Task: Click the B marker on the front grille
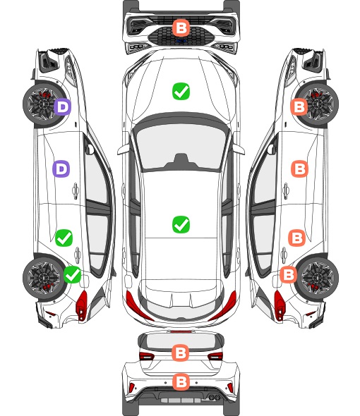click(x=181, y=28)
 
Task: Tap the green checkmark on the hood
click(x=181, y=91)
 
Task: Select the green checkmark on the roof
click(x=181, y=224)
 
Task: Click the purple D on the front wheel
click(x=62, y=107)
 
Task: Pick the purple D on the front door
click(x=61, y=169)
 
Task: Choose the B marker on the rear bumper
click(x=181, y=382)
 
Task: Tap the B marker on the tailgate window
click(x=181, y=353)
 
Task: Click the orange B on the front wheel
click(x=299, y=107)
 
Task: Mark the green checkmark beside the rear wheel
click(x=73, y=274)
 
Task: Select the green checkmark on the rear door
click(x=64, y=238)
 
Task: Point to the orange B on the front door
click(x=300, y=169)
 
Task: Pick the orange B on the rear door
click(x=296, y=238)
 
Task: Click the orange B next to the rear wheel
click(x=288, y=274)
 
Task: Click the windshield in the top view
click(x=181, y=147)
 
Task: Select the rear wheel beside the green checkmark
click(x=44, y=278)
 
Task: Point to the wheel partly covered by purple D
click(x=44, y=104)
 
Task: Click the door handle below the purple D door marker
click(x=76, y=190)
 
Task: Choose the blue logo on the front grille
click(x=181, y=41)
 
